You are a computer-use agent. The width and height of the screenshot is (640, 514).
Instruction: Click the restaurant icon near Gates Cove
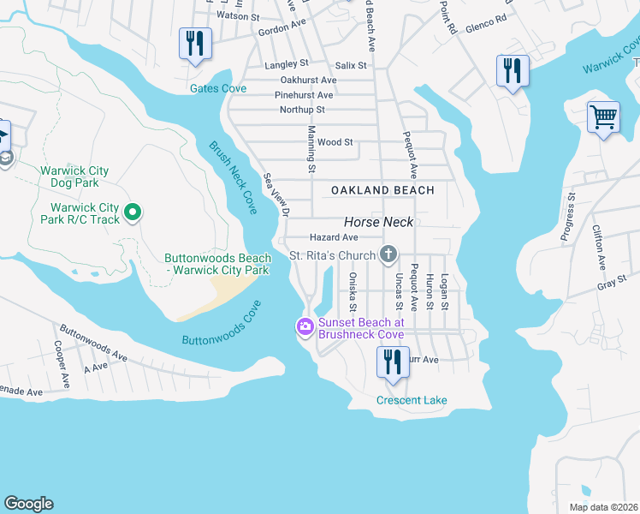pos(194,44)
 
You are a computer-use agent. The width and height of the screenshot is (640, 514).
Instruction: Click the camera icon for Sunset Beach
pos(304,326)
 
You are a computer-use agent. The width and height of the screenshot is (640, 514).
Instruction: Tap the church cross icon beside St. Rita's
pos(388,254)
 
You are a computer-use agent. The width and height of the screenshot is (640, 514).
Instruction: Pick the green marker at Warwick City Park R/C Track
pos(133,212)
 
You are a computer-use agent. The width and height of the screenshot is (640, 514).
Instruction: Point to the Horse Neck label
pos(378,222)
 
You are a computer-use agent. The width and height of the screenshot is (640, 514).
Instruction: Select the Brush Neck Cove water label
pos(233,178)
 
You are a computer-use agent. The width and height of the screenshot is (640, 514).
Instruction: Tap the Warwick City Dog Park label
pos(74,176)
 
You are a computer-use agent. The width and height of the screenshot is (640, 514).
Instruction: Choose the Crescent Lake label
pos(412,400)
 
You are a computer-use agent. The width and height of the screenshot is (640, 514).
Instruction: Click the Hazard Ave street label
pos(333,237)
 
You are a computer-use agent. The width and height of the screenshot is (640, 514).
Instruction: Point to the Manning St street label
pos(311,143)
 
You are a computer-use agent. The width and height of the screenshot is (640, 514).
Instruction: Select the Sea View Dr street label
pos(276,194)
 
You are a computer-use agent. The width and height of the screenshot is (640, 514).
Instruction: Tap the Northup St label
pos(302,110)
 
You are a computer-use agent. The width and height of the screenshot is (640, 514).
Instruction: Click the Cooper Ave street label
pos(61,363)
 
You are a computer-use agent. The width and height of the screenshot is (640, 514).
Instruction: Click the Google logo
pos(28,504)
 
